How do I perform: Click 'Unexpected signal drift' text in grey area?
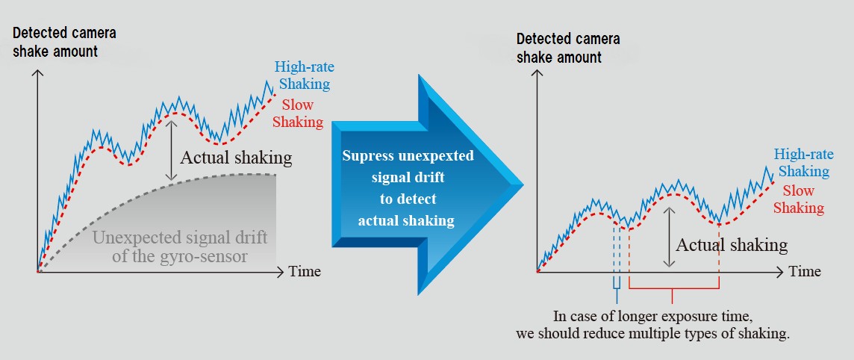(x=180, y=238)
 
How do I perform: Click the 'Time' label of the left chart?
(x=305, y=270)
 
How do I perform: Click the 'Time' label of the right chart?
(x=805, y=270)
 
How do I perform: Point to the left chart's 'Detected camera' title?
(x=64, y=33)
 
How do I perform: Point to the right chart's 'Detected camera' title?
(x=568, y=40)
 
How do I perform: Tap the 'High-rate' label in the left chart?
(x=304, y=67)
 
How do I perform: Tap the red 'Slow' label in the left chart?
(x=297, y=104)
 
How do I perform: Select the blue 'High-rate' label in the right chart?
(x=804, y=154)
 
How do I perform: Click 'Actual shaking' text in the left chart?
(x=236, y=158)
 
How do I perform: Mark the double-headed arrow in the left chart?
(x=172, y=150)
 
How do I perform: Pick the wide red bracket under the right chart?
(x=674, y=287)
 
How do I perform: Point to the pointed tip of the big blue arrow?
(x=523, y=185)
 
